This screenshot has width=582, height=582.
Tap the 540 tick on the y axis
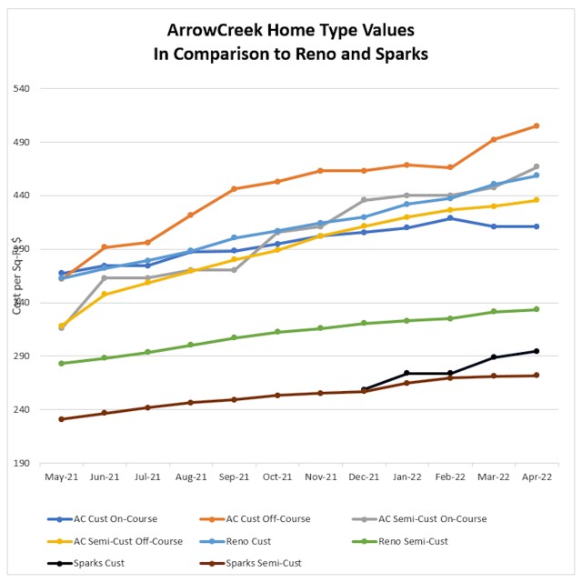pos(24,89)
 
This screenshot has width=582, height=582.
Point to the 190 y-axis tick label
pos(24,464)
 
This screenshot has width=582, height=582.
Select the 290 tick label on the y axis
pos(24,356)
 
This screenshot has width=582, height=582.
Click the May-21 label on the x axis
pos(61,477)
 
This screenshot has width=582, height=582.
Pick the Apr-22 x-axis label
pos(537,477)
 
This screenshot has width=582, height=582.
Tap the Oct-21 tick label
pos(277,477)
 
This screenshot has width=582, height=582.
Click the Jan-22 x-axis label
pos(406,477)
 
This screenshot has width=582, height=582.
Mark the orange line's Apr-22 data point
pos(537,125)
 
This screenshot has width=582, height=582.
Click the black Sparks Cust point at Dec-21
pos(364,389)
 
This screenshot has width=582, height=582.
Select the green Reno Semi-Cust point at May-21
pos(61,364)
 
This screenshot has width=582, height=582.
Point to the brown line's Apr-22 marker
pos(537,376)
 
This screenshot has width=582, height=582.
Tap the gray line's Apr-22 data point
pos(537,166)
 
